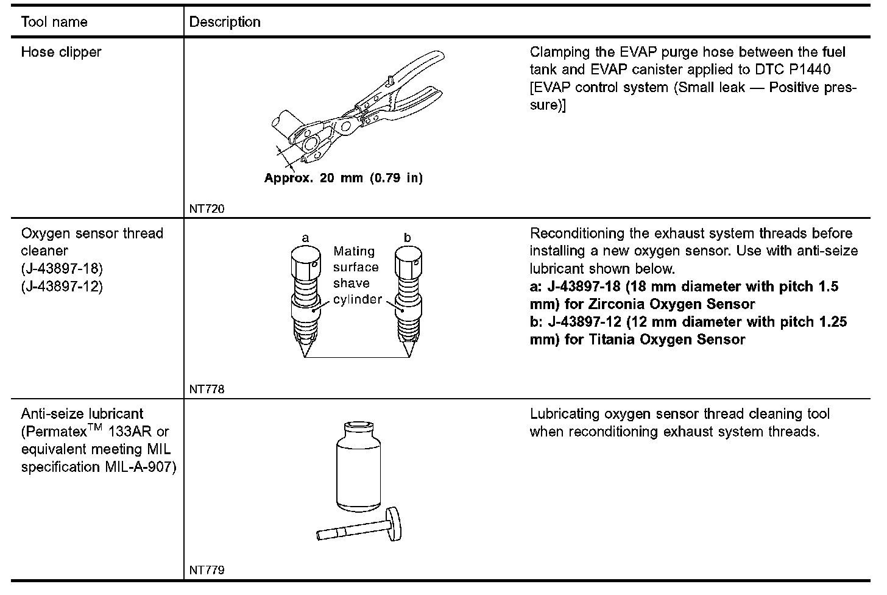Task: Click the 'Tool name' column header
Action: click(x=54, y=23)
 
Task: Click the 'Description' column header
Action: click(x=225, y=23)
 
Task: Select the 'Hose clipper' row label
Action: click(x=61, y=52)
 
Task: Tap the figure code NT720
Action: click(x=207, y=209)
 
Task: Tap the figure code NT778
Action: click(x=207, y=390)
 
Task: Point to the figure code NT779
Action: click(x=207, y=571)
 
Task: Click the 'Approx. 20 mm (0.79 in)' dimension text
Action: click(x=343, y=179)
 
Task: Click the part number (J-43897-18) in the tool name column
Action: click(x=62, y=268)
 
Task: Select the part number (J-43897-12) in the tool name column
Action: click(x=62, y=286)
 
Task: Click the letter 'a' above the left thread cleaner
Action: click(x=305, y=237)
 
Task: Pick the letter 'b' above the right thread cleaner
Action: click(x=407, y=237)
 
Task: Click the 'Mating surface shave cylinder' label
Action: click(x=356, y=276)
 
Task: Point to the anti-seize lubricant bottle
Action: click(x=358, y=466)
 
